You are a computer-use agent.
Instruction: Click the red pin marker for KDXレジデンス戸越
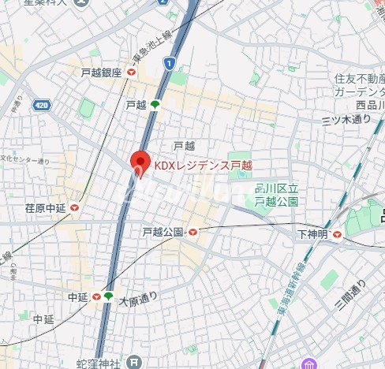point(140,163)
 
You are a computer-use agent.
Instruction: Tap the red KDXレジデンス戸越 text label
point(202,165)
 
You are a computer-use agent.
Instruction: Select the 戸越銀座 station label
point(102,72)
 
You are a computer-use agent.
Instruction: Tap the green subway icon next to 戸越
point(155,104)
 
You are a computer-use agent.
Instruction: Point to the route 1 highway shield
point(170,62)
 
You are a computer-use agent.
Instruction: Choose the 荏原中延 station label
point(45,208)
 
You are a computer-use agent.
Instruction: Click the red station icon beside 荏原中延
point(75,208)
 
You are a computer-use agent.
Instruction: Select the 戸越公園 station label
point(163,232)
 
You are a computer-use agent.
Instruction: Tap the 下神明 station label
point(312,234)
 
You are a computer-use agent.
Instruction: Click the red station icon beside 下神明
point(337,234)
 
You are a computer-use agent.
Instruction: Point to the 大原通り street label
point(139,299)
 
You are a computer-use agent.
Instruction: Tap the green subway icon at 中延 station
point(108,296)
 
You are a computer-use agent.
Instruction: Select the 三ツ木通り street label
point(346,119)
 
